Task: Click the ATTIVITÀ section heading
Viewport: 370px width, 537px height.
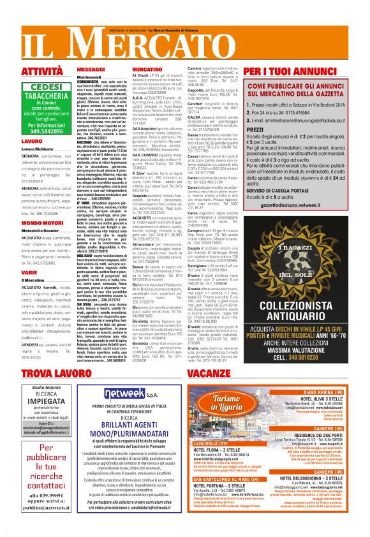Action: [x=42, y=71]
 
